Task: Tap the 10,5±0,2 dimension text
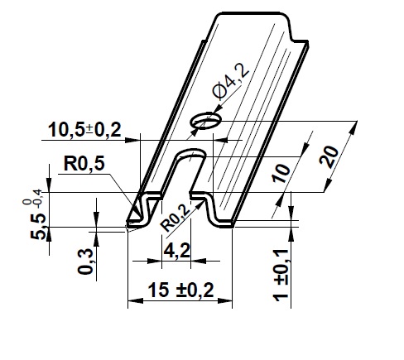pos(84,130)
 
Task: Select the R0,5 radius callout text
pos(84,163)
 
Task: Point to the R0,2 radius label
pos(176,218)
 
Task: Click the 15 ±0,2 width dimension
pos(181,290)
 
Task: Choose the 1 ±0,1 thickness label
pos(281,276)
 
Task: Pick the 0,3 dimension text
pos(85,262)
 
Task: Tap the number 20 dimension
pos(329,156)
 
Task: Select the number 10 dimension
pos(281,174)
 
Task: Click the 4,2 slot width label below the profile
pos(177,251)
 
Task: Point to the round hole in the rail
pos(206,121)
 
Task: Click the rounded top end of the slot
pos(191,153)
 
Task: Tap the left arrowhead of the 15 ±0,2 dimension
pos(135,300)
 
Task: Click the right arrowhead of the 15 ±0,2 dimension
pos(224,300)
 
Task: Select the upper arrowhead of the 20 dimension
pos(354,128)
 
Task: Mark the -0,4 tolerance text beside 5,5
pos(38,199)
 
